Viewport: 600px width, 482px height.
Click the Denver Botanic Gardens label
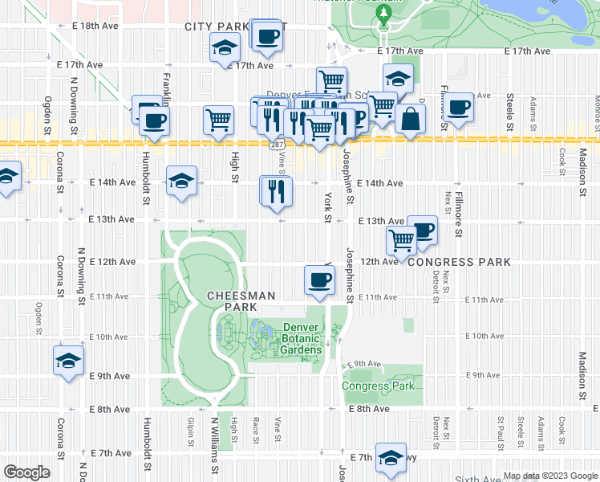(x=301, y=338)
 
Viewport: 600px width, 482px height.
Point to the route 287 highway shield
(x=276, y=144)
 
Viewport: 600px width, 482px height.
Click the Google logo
(x=27, y=472)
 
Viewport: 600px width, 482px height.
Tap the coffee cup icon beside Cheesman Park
(x=319, y=280)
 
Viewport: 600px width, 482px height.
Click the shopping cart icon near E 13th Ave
(x=401, y=239)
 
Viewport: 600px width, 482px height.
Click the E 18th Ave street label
(x=87, y=27)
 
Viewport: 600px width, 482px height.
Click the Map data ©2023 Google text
(x=550, y=476)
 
